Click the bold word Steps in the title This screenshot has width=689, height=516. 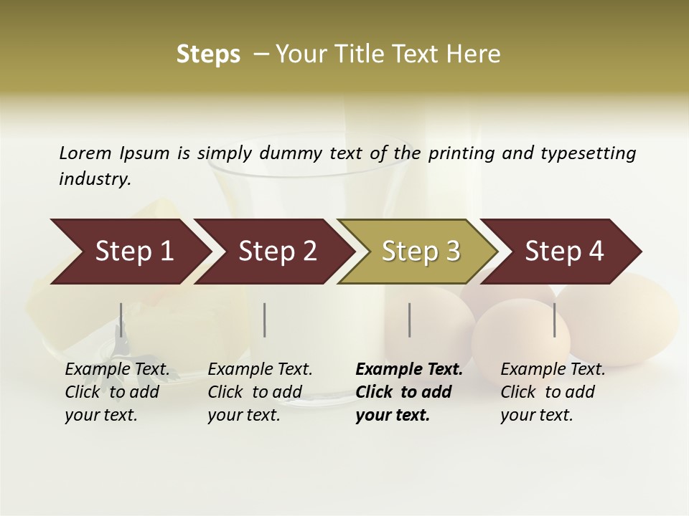coord(208,54)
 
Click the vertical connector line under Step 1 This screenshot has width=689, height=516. coord(121,320)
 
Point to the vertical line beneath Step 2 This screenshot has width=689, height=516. coord(265,320)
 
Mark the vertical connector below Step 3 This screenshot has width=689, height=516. coord(409,320)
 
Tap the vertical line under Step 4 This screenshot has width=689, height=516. coord(554,320)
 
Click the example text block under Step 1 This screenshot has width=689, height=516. coord(117,392)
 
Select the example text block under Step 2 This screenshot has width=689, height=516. coord(260,392)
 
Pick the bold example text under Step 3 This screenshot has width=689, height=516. coord(408,392)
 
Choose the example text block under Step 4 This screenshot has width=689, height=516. coord(553,392)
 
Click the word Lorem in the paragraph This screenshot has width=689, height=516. coord(85,153)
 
